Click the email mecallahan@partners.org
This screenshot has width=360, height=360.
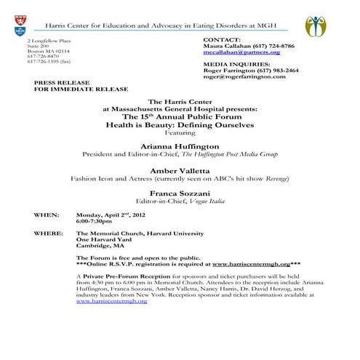coord(241,52)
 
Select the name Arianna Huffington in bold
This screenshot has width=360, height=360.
coord(179,145)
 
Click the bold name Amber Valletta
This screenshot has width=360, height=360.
coord(179,170)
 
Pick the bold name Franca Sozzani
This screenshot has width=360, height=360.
coord(179,193)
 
